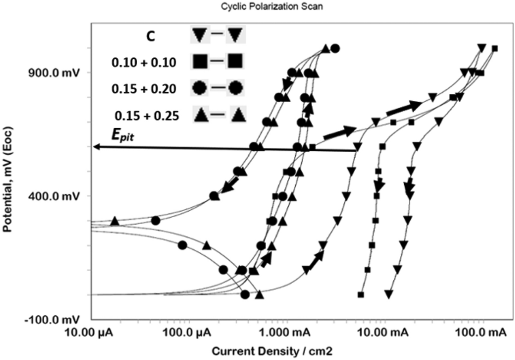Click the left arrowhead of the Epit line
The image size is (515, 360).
pos(96,146)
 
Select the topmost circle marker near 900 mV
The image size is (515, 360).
pos(335,49)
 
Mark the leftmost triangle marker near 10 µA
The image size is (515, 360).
pos(115,221)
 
